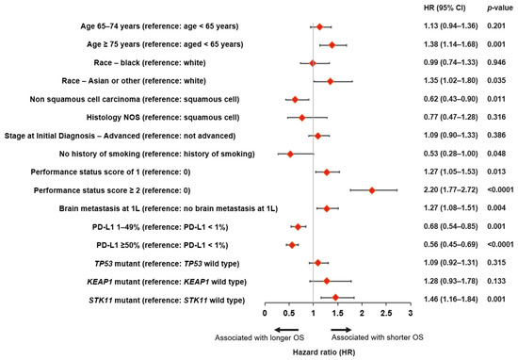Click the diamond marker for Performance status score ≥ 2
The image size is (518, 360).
tap(372, 190)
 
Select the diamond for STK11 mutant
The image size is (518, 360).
tap(335, 298)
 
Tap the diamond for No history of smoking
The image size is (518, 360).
tap(290, 154)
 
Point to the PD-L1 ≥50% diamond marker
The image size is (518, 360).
tap(292, 245)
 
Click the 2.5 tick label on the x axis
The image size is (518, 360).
tap(386, 313)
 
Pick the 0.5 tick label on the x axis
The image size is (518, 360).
tap(289, 313)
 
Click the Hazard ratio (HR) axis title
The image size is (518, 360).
tap(324, 352)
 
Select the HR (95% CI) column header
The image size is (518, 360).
tap(445, 8)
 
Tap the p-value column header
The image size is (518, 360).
tap(500, 8)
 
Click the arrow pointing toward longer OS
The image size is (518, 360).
tap(286, 330)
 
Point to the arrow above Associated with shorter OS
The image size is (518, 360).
tap(341, 330)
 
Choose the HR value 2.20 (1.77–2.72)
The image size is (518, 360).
tap(450, 189)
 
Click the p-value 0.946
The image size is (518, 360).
tap(496, 62)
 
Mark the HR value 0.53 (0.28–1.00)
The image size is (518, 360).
tap(450, 154)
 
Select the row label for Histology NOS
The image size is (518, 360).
tap(163, 118)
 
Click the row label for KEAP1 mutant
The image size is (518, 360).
tap(167, 282)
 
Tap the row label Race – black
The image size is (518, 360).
tap(150, 63)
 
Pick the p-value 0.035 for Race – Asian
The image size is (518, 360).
tap(496, 81)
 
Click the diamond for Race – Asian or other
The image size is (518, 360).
tap(330, 81)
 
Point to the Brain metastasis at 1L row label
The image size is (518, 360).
tap(169, 208)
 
